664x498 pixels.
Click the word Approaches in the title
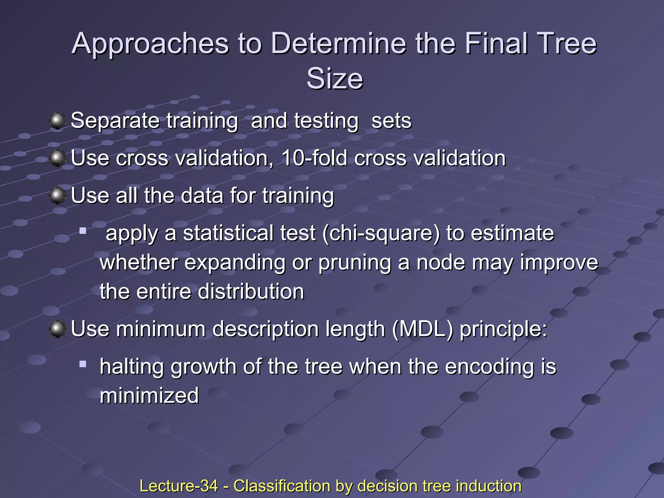point(150,44)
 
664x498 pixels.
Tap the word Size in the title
point(335,79)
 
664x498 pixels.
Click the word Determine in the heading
point(338,44)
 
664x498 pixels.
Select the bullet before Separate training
point(58,121)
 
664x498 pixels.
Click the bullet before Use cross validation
point(58,158)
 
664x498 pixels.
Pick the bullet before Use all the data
point(58,196)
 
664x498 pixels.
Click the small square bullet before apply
point(83,231)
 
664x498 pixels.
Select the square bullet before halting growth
point(83,364)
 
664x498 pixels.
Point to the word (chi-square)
point(381,233)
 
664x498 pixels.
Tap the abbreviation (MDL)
point(422,329)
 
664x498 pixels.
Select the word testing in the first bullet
point(326,121)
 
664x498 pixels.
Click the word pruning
point(355,263)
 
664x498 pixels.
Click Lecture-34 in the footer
point(179,486)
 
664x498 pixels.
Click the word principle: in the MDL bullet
point(503,329)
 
